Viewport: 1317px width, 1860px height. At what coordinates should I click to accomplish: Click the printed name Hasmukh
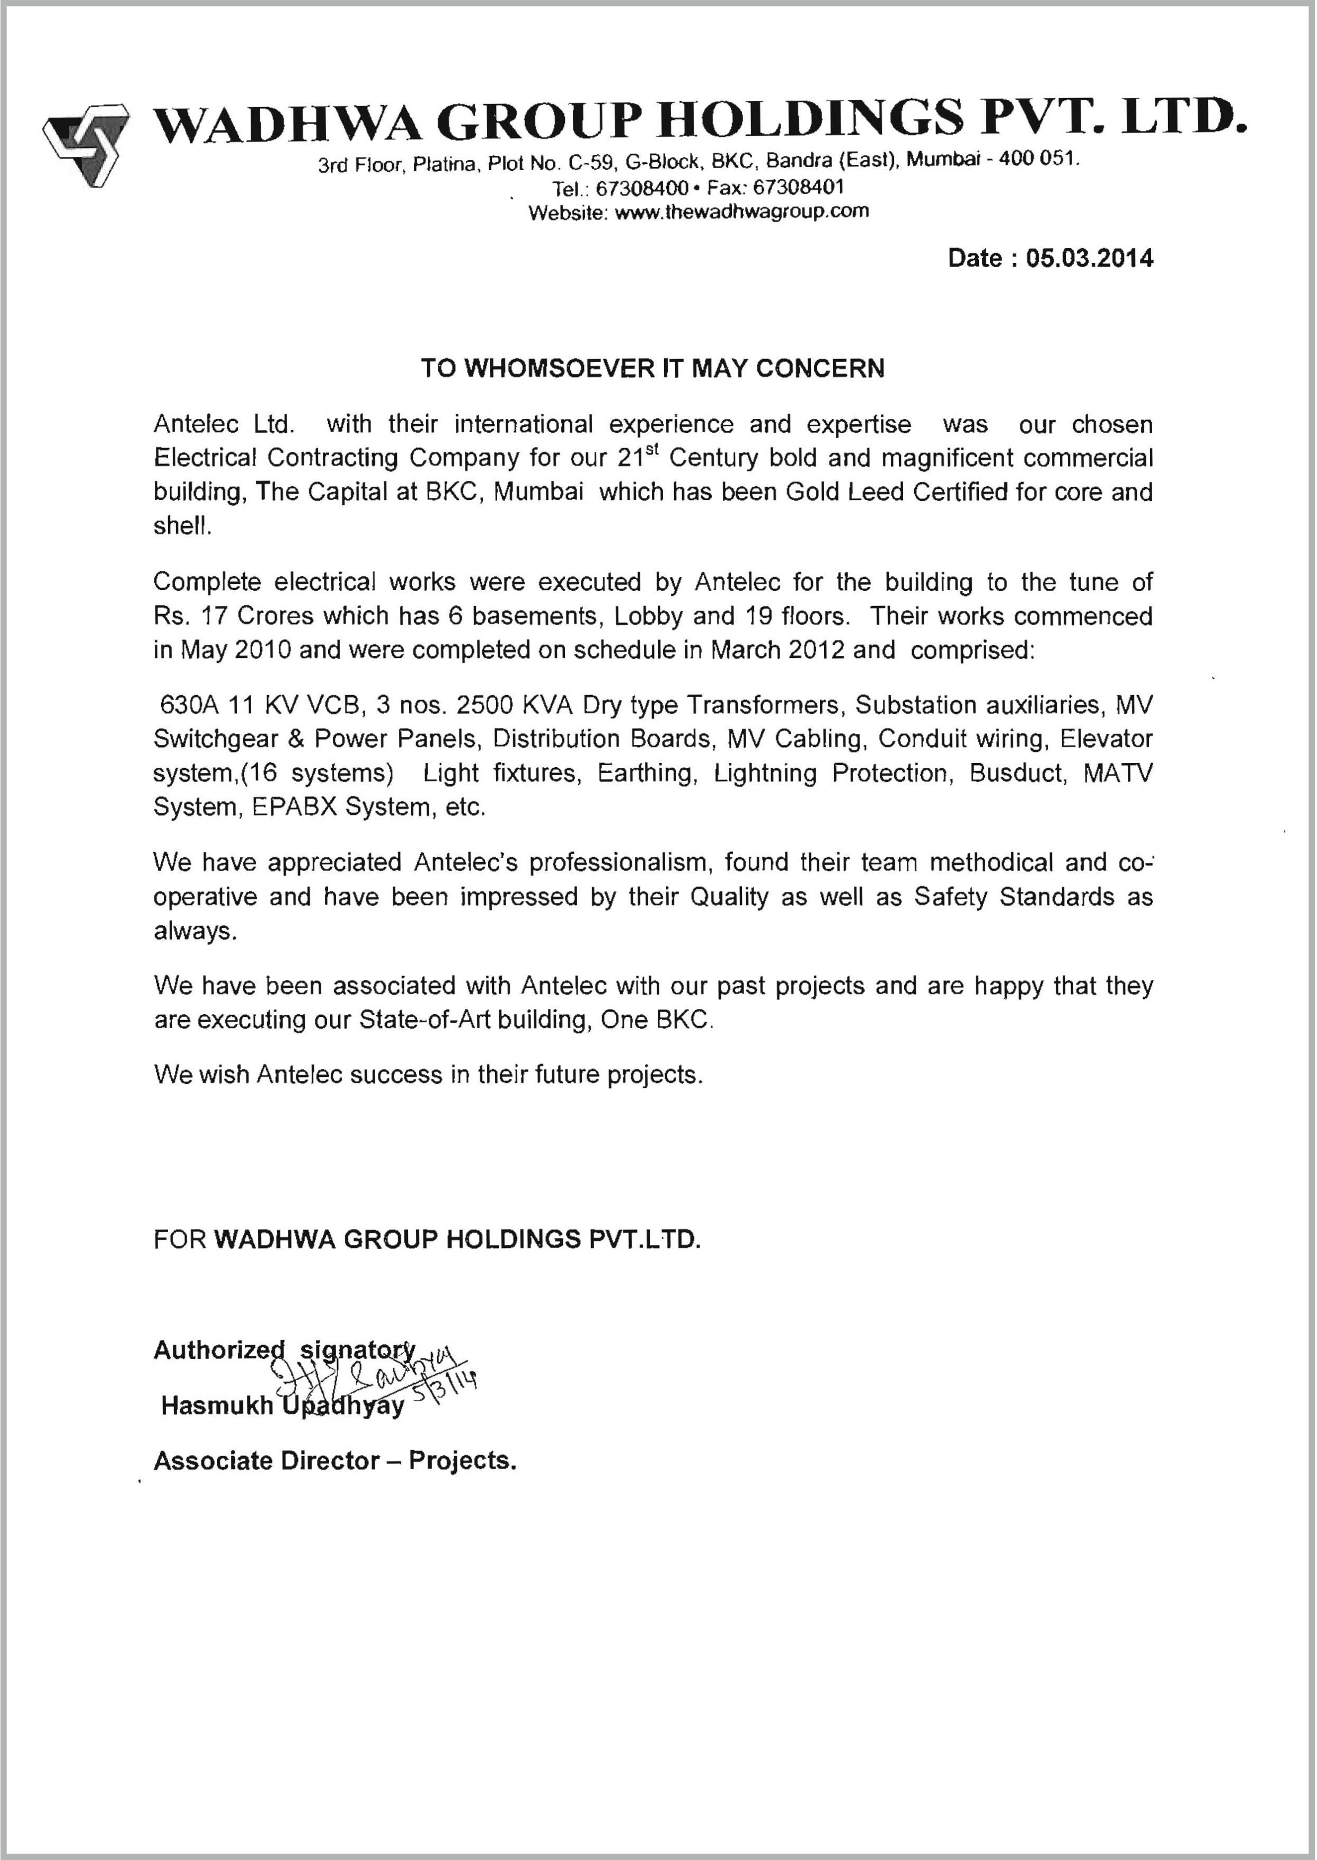tap(217, 1406)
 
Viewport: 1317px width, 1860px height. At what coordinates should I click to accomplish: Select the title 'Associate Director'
tap(267, 1461)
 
